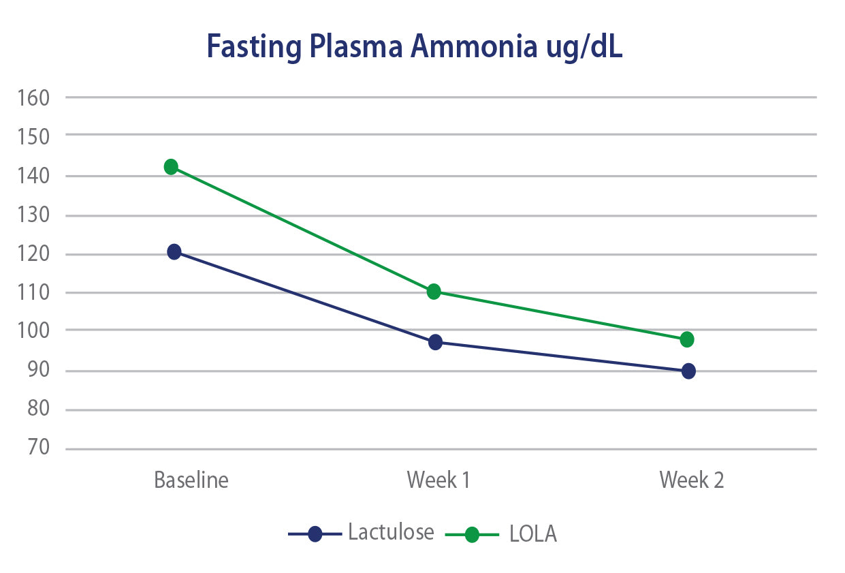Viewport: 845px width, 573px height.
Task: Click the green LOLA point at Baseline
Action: tap(171, 166)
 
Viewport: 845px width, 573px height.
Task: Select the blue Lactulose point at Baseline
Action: tap(174, 252)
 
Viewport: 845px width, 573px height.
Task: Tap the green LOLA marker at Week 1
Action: tap(434, 292)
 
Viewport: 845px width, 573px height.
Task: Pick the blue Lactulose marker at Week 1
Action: tap(435, 342)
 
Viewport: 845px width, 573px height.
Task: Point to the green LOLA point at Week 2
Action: tap(687, 339)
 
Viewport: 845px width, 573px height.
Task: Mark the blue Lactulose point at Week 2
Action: tap(688, 371)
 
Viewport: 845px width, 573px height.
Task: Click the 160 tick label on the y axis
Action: tap(35, 97)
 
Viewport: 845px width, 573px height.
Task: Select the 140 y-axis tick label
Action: tap(35, 176)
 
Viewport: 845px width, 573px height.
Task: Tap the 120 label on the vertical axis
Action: tap(35, 254)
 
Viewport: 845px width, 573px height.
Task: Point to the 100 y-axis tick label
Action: tap(35, 330)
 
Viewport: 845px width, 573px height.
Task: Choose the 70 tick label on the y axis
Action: tap(39, 448)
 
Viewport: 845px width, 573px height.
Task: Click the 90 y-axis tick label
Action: tap(39, 371)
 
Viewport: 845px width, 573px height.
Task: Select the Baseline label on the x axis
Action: tap(191, 480)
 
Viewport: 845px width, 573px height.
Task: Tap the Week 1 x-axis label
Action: tap(439, 480)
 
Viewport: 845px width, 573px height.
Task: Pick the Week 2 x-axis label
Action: tap(692, 480)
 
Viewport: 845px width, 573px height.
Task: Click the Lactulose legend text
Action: tap(391, 531)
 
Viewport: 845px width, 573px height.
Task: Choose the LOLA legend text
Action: tap(533, 533)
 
